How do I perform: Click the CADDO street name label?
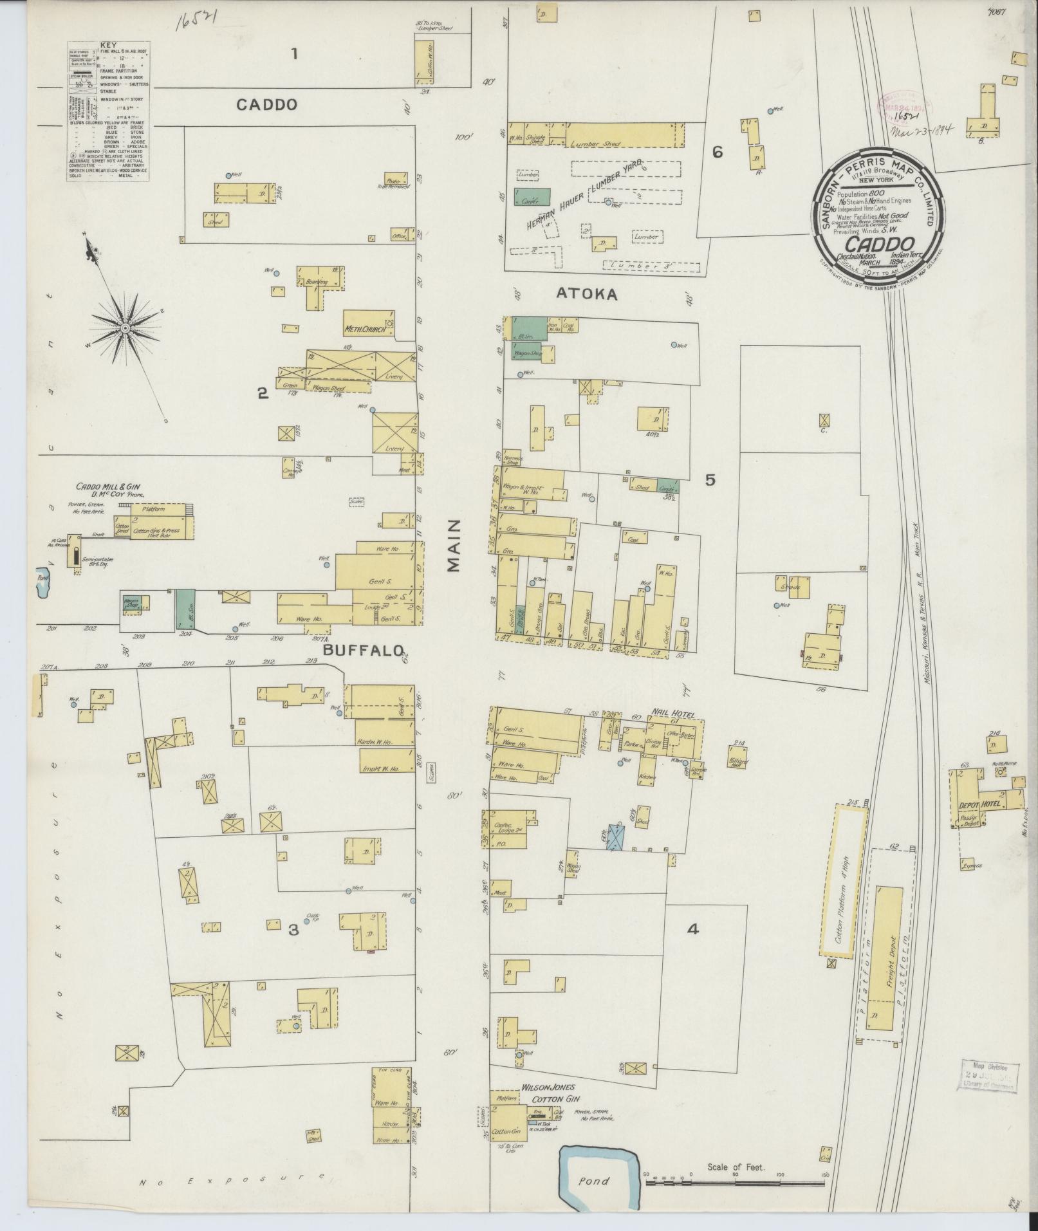coord(266,105)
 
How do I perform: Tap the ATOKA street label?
coord(586,295)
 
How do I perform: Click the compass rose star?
coord(125,329)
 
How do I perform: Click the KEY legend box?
coord(108,111)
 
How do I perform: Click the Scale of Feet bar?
coord(735,1174)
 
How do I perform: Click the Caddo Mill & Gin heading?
coord(112,486)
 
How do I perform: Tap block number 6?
coord(717,153)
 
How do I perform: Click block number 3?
coord(293,929)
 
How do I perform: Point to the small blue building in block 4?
coord(616,837)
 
